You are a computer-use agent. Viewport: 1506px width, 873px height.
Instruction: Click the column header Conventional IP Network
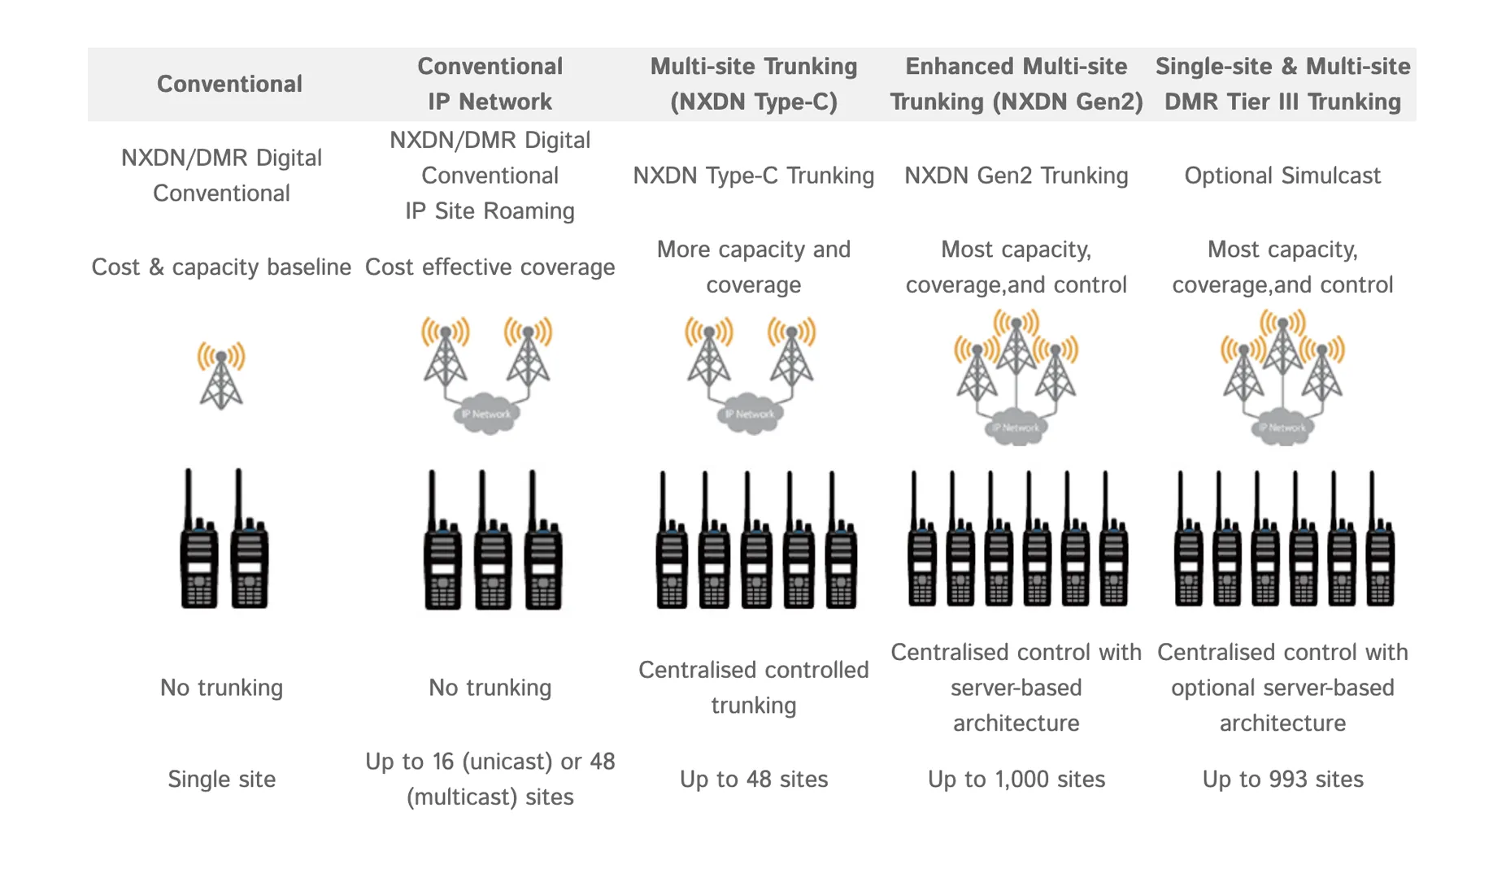490,84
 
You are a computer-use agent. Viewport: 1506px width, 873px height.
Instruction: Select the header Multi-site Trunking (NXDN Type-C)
753,84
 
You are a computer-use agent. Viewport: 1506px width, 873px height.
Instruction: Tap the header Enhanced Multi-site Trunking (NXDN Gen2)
1016,84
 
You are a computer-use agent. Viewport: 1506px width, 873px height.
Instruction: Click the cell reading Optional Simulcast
1282,176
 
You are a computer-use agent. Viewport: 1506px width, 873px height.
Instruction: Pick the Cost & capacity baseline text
221,267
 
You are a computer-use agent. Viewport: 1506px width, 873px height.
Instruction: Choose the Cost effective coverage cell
490,267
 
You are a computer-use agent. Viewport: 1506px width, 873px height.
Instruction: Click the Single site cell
221,779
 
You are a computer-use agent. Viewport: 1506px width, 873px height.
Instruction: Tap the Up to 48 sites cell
753,779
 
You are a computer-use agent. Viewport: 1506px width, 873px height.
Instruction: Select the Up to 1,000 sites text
1016,779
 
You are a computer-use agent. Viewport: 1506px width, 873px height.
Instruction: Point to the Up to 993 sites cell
1282,779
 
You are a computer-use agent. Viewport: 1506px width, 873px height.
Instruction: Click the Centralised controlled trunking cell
753,687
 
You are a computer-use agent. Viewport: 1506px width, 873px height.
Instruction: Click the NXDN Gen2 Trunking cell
1016,176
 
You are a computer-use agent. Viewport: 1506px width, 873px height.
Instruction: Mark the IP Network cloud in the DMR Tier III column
1282,428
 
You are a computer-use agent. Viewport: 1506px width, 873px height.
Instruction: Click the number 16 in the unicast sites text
443,762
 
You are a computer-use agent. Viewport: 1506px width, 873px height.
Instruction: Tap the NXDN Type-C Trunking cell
753,176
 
